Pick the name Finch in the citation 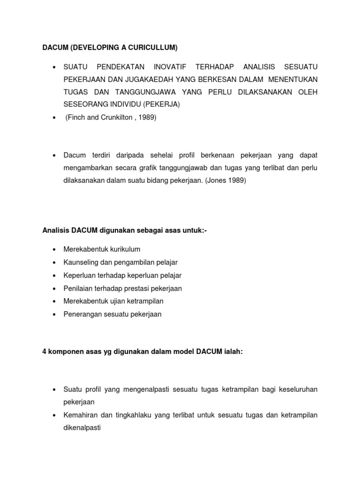(x=76, y=118)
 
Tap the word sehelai (x=166, y=155)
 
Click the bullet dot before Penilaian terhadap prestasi (x=54, y=288)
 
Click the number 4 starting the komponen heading (x=44, y=352)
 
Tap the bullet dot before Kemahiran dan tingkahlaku (x=54, y=415)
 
